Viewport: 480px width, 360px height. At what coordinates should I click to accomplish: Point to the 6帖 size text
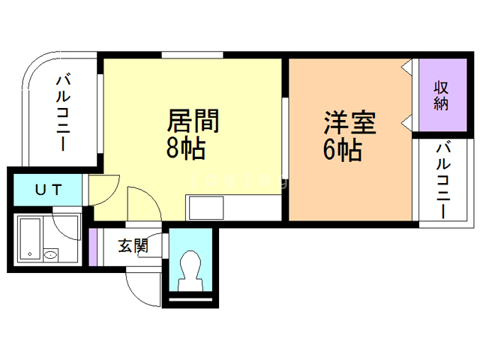click(343, 151)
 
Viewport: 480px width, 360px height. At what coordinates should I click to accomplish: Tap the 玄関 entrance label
click(132, 245)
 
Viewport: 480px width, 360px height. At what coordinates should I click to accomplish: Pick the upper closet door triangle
click(407, 68)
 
